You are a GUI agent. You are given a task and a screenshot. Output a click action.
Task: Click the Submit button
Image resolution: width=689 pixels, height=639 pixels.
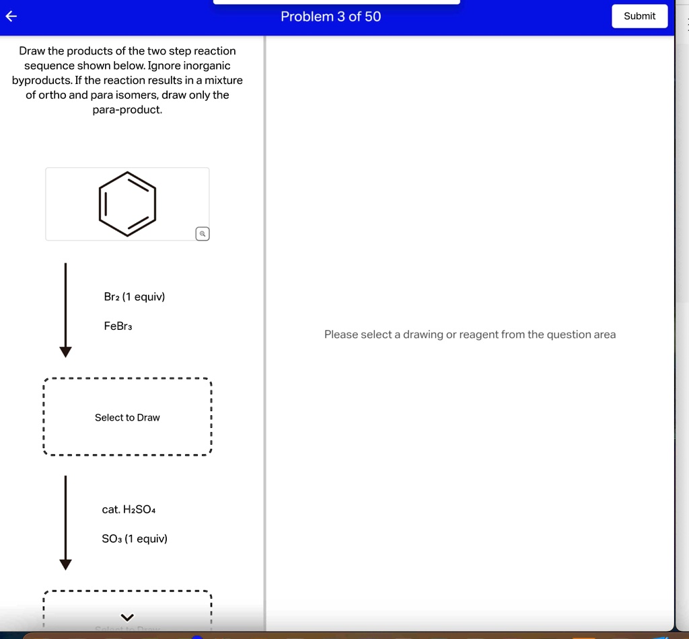click(639, 16)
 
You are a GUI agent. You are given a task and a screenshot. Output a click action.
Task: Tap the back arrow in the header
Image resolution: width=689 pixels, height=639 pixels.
click(10, 17)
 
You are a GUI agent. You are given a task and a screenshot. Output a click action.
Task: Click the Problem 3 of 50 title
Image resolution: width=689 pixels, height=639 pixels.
click(330, 17)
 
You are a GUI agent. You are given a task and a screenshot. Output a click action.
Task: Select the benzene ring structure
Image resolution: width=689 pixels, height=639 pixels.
click(127, 204)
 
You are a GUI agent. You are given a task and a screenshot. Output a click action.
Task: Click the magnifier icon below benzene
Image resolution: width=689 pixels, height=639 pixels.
click(203, 234)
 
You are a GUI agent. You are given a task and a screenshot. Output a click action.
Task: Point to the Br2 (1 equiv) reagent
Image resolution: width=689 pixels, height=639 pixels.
click(135, 296)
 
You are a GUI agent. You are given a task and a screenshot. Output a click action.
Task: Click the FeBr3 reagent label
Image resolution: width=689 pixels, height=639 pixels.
click(118, 326)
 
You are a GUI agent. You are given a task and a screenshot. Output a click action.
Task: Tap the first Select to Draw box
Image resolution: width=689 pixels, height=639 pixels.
click(127, 417)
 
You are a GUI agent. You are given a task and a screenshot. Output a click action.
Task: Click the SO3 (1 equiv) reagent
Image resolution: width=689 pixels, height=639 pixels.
click(135, 539)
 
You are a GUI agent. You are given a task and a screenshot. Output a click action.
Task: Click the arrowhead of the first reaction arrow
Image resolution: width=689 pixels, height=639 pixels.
click(65, 351)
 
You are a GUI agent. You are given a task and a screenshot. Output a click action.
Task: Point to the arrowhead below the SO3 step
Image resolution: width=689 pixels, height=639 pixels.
click(65, 564)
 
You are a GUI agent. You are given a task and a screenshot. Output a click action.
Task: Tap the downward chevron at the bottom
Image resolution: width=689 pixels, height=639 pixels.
click(127, 617)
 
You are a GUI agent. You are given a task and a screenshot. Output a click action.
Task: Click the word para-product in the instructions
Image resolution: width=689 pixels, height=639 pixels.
click(127, 110)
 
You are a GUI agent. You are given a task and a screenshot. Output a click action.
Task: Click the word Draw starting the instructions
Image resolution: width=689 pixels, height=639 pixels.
click(31, 51)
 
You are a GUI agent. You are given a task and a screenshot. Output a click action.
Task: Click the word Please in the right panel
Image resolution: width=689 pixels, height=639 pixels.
click(341, 335)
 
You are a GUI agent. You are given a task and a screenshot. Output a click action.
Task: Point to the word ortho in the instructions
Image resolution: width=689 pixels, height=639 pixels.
click(52, 95)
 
